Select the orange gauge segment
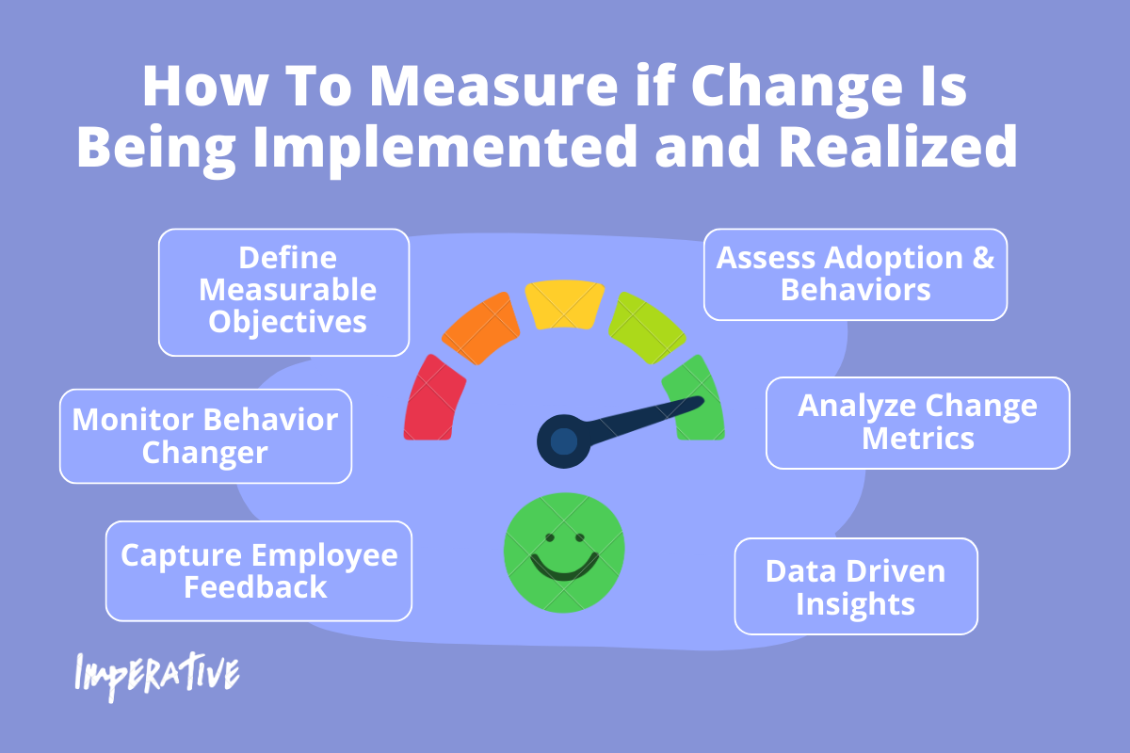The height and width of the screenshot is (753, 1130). click(x=481, y=328)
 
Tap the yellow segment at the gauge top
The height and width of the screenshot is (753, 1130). click(x=564, y=305)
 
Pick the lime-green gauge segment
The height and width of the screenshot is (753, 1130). click(x=647, y=328)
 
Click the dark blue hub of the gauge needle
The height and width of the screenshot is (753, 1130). click(x=563, y=441)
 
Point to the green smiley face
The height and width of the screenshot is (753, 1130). click(x=564, y=553)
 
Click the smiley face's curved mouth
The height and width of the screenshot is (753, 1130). click(x=564, y=568)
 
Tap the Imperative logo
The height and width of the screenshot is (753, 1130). click(x=157, y=676)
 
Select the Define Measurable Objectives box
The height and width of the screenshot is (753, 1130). click(x=284, y=293)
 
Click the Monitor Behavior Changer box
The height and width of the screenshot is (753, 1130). click(x=206, y=436)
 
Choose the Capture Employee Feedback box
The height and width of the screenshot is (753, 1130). click(x=259, y=571)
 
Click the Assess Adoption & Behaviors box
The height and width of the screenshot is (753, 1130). click(x=856, y=274)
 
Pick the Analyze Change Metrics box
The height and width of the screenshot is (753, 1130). click(x=918, y=423)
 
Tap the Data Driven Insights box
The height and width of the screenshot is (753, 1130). click(x=856, y=586)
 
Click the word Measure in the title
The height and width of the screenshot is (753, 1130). click(x=494, y=87)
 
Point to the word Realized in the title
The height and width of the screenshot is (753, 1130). click(x=899, y=146)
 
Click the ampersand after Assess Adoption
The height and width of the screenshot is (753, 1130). click(x=983, y=257)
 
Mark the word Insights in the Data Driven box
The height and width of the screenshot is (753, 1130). click(x=856, y=604)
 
